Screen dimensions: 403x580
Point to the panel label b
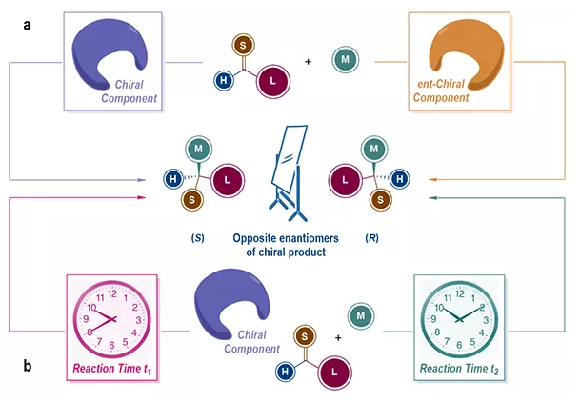click(28, 367)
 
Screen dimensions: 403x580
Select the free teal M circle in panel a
click(345, 61)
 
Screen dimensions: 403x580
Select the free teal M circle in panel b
click(358, 314)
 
